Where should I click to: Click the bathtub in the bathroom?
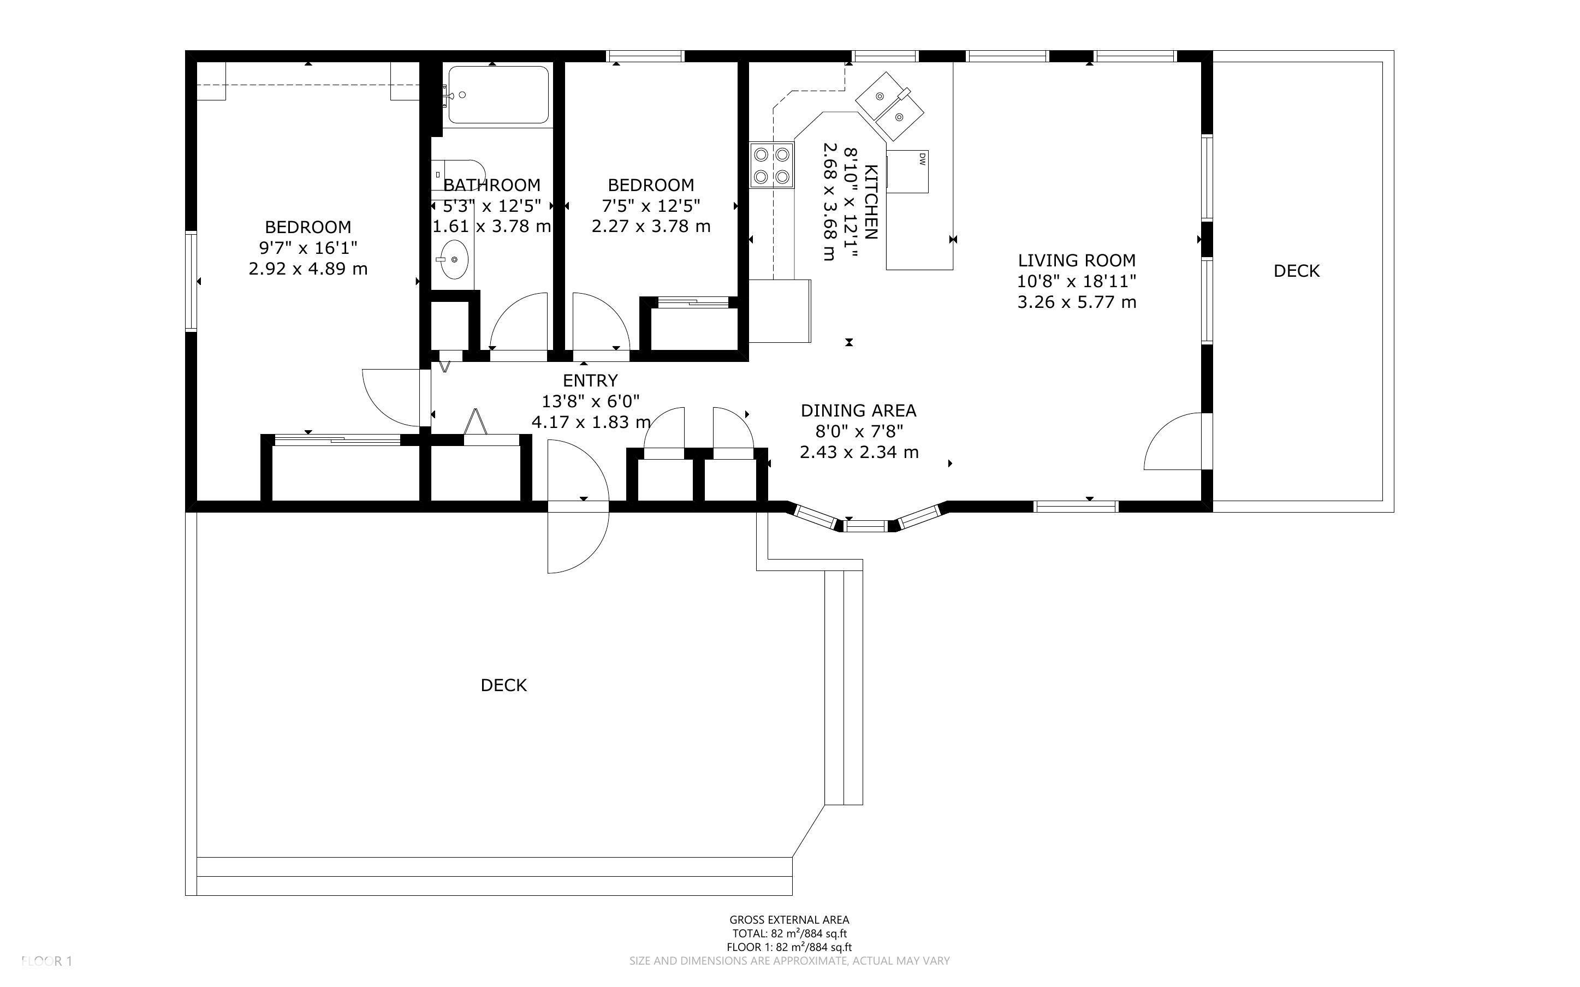click(498, 94)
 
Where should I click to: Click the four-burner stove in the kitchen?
click(771, 166)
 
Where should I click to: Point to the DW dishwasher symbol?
click(908, 171)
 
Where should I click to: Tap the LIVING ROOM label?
click(1076, 260)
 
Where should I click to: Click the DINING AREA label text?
click(858, 411)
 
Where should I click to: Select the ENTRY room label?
click(590, 380)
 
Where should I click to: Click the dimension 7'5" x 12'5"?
click(651, 206)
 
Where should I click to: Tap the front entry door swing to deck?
click(578, 508)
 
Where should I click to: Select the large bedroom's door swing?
click(391, 397)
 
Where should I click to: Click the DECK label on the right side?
click(1296, 271)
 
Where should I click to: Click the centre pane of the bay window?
click(866, 525)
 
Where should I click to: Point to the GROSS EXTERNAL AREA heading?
click(789, 920)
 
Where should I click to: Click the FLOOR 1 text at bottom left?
click(46, 961)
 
